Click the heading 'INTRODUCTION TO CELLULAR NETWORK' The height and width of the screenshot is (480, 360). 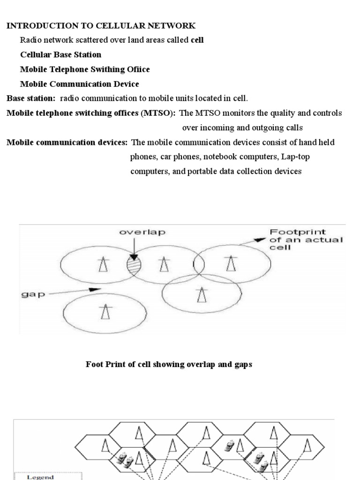[x=101, y=26]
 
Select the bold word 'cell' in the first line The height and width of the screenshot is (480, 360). [x=197, y=40]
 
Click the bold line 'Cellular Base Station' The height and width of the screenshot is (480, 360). [x=60, y=55]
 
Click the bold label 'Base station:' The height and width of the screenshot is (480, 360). [x=31, y=98]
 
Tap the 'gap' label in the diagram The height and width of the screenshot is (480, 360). [x=31, y=295]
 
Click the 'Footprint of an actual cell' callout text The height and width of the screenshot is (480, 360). [x=305, y=239]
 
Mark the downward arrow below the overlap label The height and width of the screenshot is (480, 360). [x=134, y=248]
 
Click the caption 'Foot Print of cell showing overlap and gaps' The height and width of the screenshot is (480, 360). [x=169, y=364]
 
